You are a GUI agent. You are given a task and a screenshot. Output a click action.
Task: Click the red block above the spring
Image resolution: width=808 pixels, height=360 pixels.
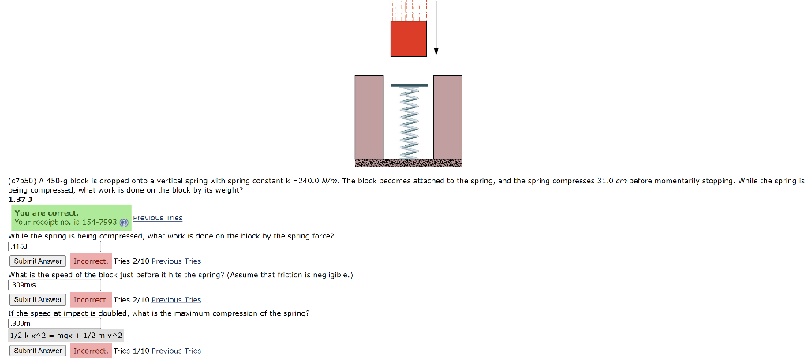tap(408, 39)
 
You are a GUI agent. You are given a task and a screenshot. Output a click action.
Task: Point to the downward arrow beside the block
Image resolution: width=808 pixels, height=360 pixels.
tap(436, 28)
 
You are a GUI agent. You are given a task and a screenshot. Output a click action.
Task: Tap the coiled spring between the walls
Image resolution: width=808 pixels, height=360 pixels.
tap(408, 122)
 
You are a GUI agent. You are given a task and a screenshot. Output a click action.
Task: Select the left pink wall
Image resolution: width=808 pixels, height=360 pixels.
tap(368, 116)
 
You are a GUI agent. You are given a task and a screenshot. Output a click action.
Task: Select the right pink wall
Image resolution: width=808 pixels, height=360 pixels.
tap(447, 116)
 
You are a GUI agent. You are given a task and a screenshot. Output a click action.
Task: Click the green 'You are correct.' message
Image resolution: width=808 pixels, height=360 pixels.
tap(47, 212)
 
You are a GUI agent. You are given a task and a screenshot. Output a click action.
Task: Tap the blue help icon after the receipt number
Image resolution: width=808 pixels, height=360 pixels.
tap(123, 223)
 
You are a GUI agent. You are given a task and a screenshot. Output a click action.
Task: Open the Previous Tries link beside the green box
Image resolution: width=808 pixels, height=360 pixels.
tap(158, 218)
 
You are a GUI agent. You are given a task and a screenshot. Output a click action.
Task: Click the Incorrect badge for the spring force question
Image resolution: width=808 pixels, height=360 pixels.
tap(90, 261)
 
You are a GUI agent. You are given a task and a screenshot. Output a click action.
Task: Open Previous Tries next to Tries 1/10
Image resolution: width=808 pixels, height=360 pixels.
tap(176, 351)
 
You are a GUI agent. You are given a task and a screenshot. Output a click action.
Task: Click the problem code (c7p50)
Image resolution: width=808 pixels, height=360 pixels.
tap(22, 181)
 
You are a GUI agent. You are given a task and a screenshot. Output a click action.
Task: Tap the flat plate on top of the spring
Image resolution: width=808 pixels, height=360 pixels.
tap(408, 84)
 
